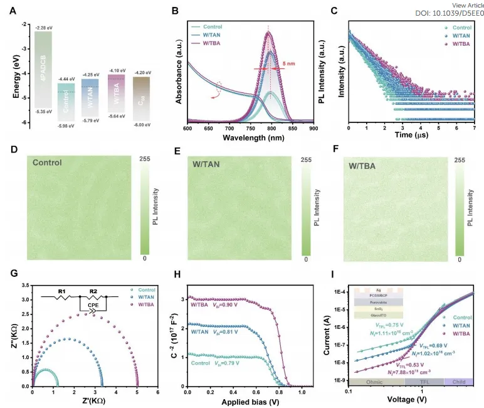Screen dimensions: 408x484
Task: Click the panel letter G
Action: [13, 274]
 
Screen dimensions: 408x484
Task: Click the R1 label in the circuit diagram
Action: [61, 291]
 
